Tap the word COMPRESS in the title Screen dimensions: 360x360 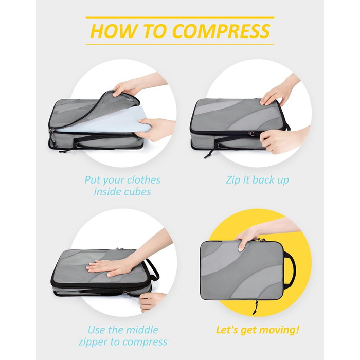tap(221, 31)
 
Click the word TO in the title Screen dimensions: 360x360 tap(156, 31)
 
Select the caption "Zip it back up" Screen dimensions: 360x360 tap(257, 180)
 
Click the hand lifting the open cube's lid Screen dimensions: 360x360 tap(127, 86)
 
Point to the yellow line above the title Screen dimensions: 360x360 tap(179, 17)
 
